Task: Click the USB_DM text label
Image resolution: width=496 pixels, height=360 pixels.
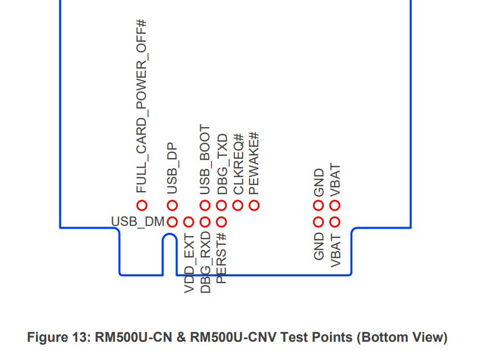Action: (x=137, y=221)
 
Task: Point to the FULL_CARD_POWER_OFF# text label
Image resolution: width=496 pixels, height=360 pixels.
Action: (x=142, y=106)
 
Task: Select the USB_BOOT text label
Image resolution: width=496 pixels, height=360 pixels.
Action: (x=205, y=159)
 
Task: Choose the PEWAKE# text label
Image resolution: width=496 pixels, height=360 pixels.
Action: (x=254, y=163)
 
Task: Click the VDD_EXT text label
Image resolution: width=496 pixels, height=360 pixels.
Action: (x=189, y=264)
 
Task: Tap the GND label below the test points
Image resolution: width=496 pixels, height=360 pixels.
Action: (x=319, y=246)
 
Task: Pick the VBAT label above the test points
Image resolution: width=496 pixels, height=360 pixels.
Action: (x=335, y=180)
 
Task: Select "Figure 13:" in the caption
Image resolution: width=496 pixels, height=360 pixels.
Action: (x=59, y=337)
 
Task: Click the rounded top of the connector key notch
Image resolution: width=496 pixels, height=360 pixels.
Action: (x=169, y=234)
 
